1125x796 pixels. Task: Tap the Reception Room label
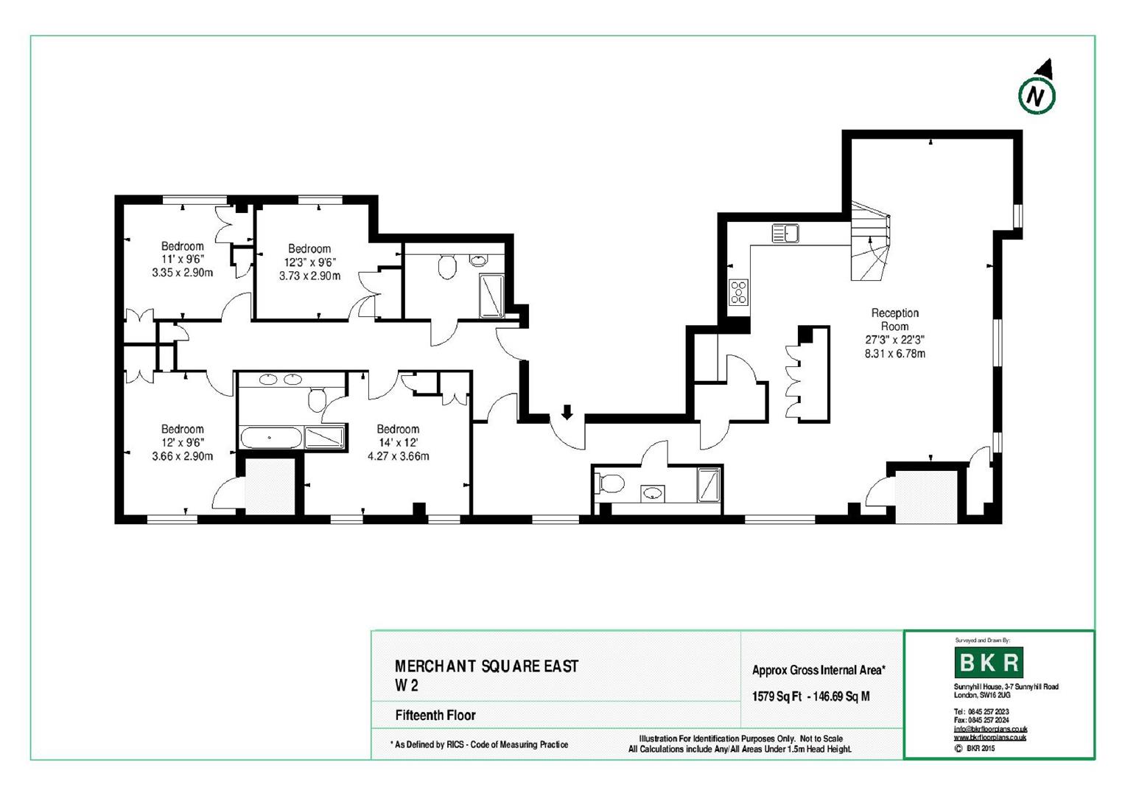894,320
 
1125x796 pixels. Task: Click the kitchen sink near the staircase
786,233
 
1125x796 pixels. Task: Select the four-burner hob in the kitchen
738,292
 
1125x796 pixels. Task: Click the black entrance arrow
567,412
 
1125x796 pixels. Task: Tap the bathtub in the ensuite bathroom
270,438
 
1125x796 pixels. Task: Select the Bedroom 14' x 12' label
398,442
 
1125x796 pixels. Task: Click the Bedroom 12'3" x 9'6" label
309,262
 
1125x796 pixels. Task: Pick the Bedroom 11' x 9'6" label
183,259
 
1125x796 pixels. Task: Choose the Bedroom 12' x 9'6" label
183,442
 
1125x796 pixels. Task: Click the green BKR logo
988,663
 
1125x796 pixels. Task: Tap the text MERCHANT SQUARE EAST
486,666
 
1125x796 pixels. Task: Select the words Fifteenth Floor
435,715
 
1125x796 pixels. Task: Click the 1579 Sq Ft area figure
777,696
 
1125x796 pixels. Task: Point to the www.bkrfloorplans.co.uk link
989,737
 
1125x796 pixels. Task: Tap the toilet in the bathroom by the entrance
611,484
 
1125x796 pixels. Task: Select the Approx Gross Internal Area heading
818,670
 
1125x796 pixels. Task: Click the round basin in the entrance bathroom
652,493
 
